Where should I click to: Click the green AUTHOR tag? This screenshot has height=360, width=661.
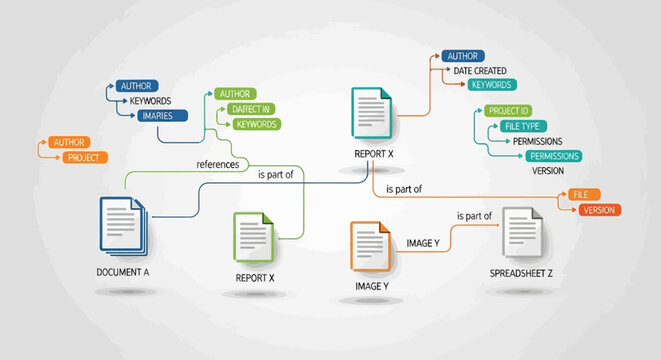(235, 93)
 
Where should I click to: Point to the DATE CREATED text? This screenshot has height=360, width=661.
(480, 70)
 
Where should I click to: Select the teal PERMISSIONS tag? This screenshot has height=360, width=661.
(554, 156)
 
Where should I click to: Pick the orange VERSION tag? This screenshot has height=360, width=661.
(597, 210)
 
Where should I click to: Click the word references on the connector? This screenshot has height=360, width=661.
(218, 164)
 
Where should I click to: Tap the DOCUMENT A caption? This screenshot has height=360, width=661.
(123, 272)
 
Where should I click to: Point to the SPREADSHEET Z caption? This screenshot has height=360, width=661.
(521, 272)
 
